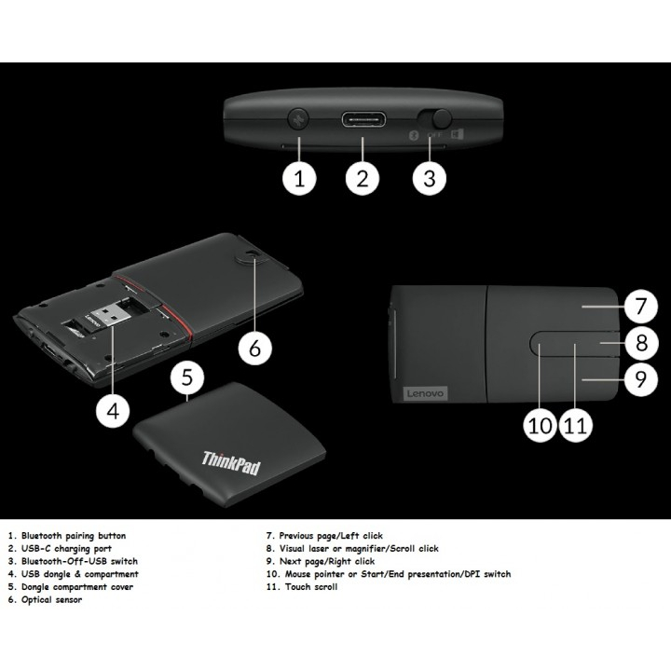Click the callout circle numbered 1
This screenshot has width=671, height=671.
tap(299, 179)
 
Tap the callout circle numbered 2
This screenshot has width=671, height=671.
tap(363, 179)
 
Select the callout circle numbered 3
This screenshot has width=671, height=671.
tap(429, 179)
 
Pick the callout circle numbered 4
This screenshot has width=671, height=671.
tap(113, 412)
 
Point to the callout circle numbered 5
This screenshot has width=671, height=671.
tap(187, 377)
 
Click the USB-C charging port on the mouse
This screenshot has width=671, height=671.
tap(363, 119)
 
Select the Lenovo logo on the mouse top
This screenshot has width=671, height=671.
tap(425, 394)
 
